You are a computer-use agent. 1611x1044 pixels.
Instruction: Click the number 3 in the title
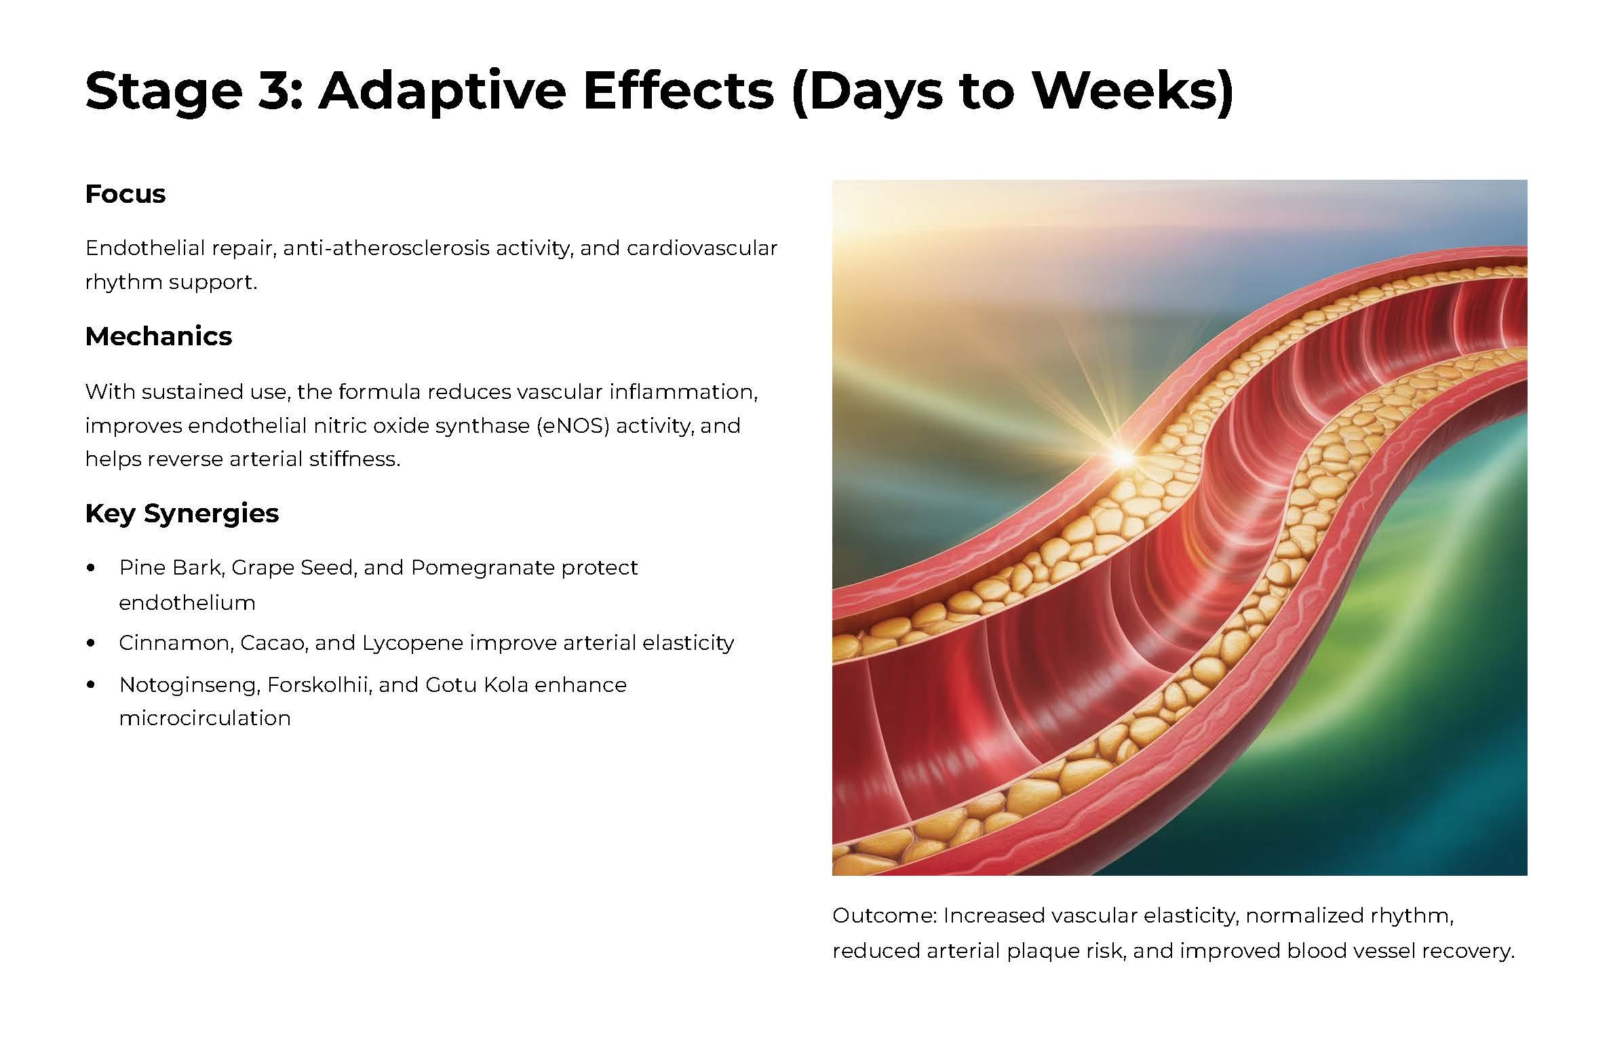(x=277, y=90)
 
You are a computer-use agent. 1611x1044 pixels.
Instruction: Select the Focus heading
(x=125, y=194)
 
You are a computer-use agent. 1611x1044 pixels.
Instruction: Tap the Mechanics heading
(x=159, y=336)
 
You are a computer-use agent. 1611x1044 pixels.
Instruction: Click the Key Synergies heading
(x=182, y=514)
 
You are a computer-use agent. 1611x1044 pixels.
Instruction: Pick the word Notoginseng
(x=189, y=685)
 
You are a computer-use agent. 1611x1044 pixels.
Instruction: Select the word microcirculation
(x=205, y=718)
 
